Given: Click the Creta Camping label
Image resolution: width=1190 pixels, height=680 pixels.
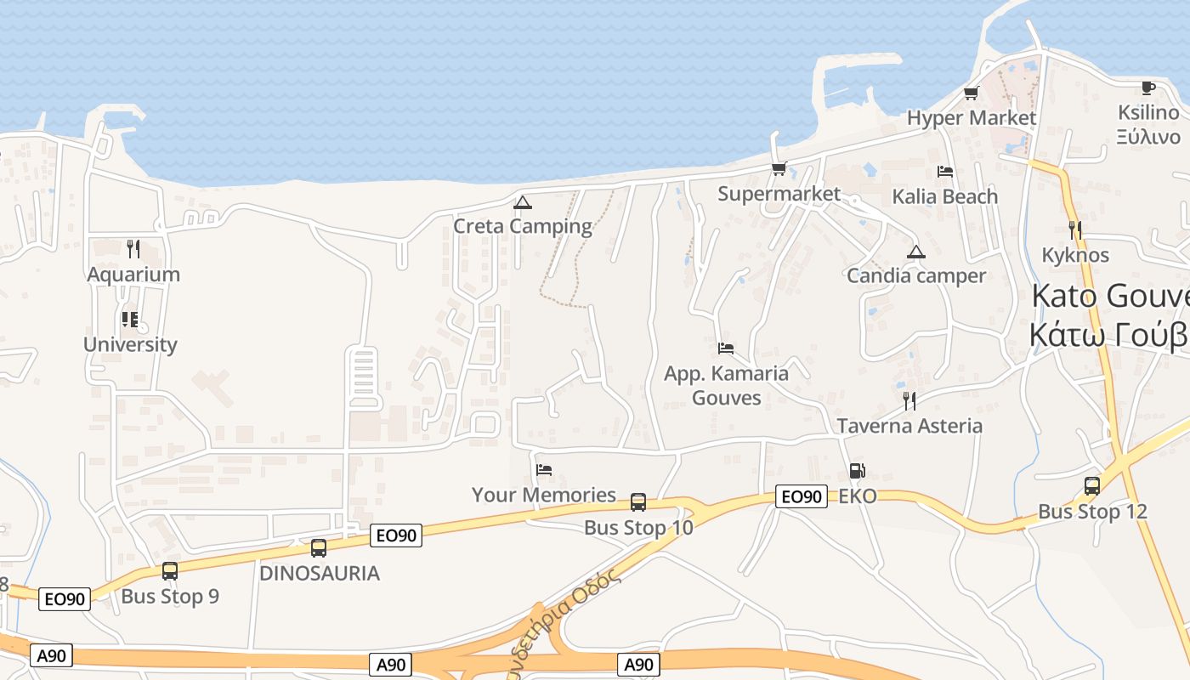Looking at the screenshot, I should pos(522,226).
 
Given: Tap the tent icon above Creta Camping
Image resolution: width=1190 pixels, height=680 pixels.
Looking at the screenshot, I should pos(522,202).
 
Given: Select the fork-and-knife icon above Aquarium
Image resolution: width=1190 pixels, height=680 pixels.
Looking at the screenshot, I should pos(133,249).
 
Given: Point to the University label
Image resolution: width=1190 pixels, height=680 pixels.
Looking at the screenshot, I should pos(130,344).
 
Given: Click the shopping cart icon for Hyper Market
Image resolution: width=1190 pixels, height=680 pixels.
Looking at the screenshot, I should pos(971,93).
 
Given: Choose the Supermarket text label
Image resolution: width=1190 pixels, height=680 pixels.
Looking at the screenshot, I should pos(779,194).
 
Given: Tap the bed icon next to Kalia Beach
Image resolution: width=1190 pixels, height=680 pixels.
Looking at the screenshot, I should pos(944,172).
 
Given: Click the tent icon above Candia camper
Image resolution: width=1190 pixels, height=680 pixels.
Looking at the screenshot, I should pos(915,252).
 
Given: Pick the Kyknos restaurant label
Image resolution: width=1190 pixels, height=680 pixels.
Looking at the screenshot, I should pos(1075,255).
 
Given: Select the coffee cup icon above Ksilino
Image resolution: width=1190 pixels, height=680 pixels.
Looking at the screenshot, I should pos(1148,88).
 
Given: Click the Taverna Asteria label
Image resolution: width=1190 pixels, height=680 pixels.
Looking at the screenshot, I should pos(909,426).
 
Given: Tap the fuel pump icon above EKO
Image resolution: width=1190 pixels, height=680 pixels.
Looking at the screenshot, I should pos(857,471).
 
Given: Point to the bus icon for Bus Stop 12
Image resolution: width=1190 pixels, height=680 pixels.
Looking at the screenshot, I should pos(1092,486).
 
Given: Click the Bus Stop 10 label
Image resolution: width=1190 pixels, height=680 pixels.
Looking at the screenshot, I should pos(638,527).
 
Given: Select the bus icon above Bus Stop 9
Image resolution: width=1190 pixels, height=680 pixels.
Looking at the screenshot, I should pos(170,570).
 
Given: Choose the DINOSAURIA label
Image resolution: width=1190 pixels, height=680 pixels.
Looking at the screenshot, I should pos(320,573).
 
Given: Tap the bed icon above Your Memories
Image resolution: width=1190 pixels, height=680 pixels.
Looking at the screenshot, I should pos(544,469).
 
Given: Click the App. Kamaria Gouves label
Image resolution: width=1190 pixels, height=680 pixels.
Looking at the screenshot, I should pos(726,385).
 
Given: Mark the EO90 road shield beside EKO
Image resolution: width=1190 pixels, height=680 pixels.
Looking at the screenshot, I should pos(801,496).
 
